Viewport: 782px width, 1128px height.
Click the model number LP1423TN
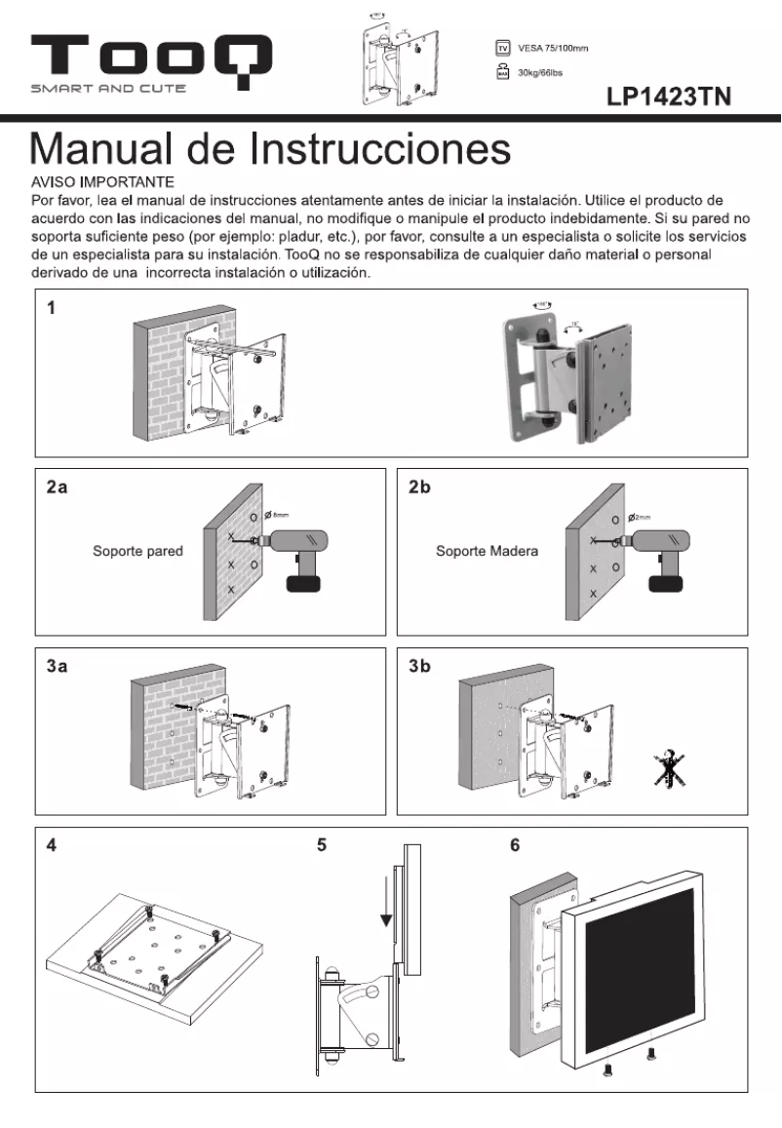(x=669, y=97)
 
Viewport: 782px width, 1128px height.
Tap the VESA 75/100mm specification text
(x=553, y=48)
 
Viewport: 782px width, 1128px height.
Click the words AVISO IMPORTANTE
(x=103, y=181)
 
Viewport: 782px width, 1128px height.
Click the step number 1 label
(x=51, y=310)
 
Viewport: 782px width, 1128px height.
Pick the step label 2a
(x=57, y=488)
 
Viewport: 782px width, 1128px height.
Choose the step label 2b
(x=419, y=488)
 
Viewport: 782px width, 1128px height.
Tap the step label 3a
(x=57, y=668)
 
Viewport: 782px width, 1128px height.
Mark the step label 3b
(x=419, y=668)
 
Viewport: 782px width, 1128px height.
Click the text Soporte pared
(x=137, y=551)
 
